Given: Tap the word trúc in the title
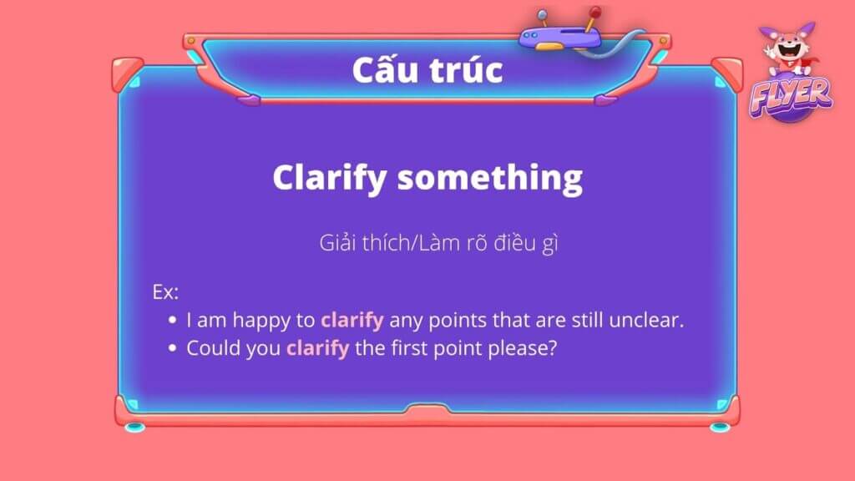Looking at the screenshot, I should [x=466, y=70].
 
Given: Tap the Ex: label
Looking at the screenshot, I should [x=165, y=292].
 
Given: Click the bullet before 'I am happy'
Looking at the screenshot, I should [x=172, y=320].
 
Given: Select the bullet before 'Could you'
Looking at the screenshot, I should [x=172, y=348].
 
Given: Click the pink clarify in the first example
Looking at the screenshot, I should [x=352, y=320].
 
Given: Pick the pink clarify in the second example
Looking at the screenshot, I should [x=317, y=348].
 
